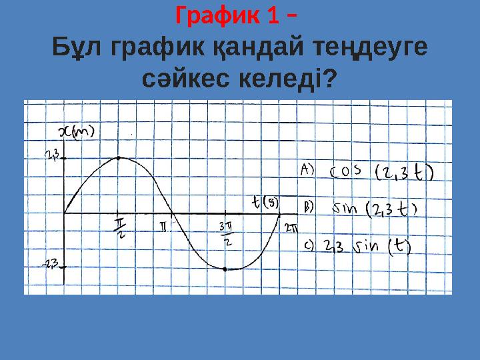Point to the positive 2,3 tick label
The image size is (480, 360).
tap(53, 156)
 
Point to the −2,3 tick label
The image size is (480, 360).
tap(51, 263)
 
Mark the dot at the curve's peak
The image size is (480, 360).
tap(118, 158)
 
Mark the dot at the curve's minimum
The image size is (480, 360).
tap(225, 269)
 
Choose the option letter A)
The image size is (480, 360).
tap(307, 170)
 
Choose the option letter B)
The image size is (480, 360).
tap(308, 207)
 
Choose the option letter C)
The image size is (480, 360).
tap(309, 245)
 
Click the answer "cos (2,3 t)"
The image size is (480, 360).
tap(382, 172)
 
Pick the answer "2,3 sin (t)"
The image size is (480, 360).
tap(367, 247)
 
